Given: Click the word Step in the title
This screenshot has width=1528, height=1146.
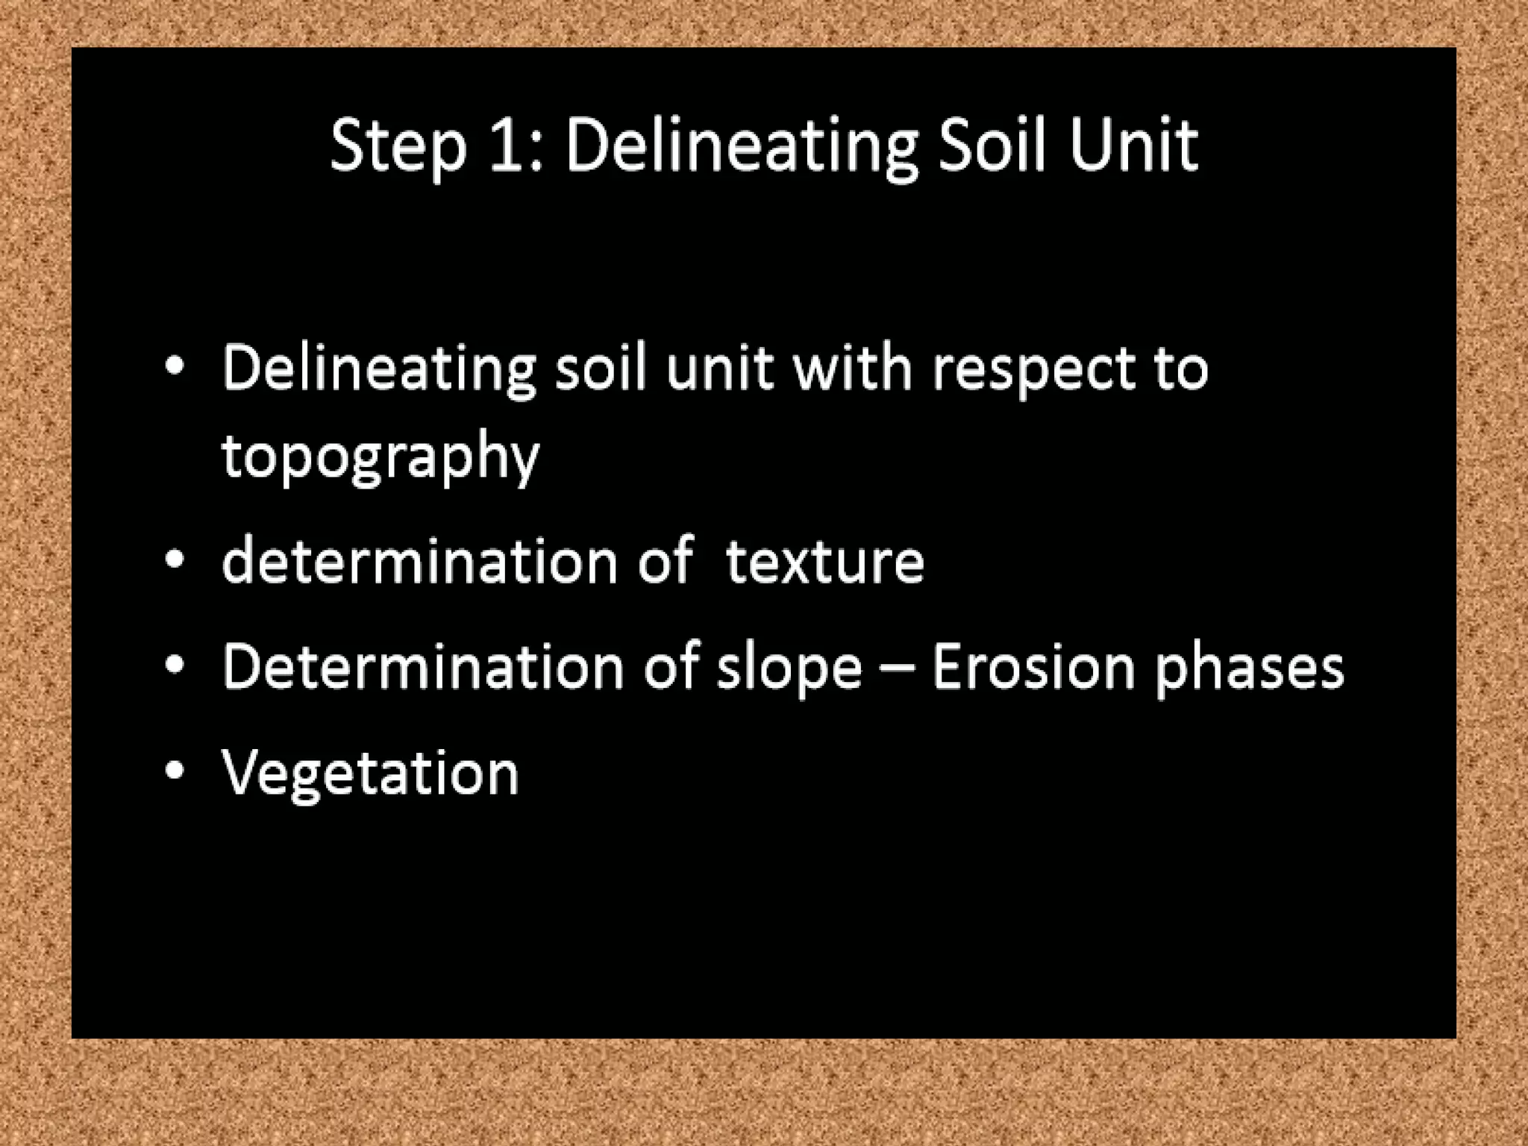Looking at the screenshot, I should (398, 147).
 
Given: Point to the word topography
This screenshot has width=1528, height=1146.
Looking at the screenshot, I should (381, 457).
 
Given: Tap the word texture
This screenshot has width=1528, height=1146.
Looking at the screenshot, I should (824, 562).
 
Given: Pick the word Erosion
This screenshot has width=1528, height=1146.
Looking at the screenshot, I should (1033, 666).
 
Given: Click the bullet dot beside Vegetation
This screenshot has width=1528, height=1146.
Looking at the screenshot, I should (175, 771).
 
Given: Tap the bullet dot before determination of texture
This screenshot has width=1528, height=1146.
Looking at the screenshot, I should (175, 560).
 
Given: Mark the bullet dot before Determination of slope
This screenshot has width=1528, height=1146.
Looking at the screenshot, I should (175, 665).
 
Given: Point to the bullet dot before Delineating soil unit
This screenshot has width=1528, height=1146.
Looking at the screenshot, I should (175, 366).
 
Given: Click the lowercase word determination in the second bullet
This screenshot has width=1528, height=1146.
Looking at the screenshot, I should (420, 561).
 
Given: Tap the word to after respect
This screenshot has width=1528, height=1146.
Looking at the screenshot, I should (1181, 369).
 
